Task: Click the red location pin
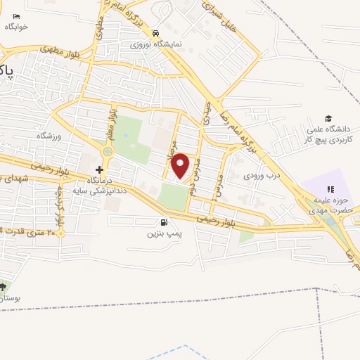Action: [x=181, y=166]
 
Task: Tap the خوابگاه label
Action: [x=16, y=27]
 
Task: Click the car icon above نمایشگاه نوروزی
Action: [x=155, y=33]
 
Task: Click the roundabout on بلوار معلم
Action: [x=107, y=150]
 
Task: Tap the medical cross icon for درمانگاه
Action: [x=99, y=169]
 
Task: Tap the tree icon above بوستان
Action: [x=3, y=287]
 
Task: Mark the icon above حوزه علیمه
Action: [x=330, y=188]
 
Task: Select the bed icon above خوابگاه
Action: [x=17, y=15]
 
